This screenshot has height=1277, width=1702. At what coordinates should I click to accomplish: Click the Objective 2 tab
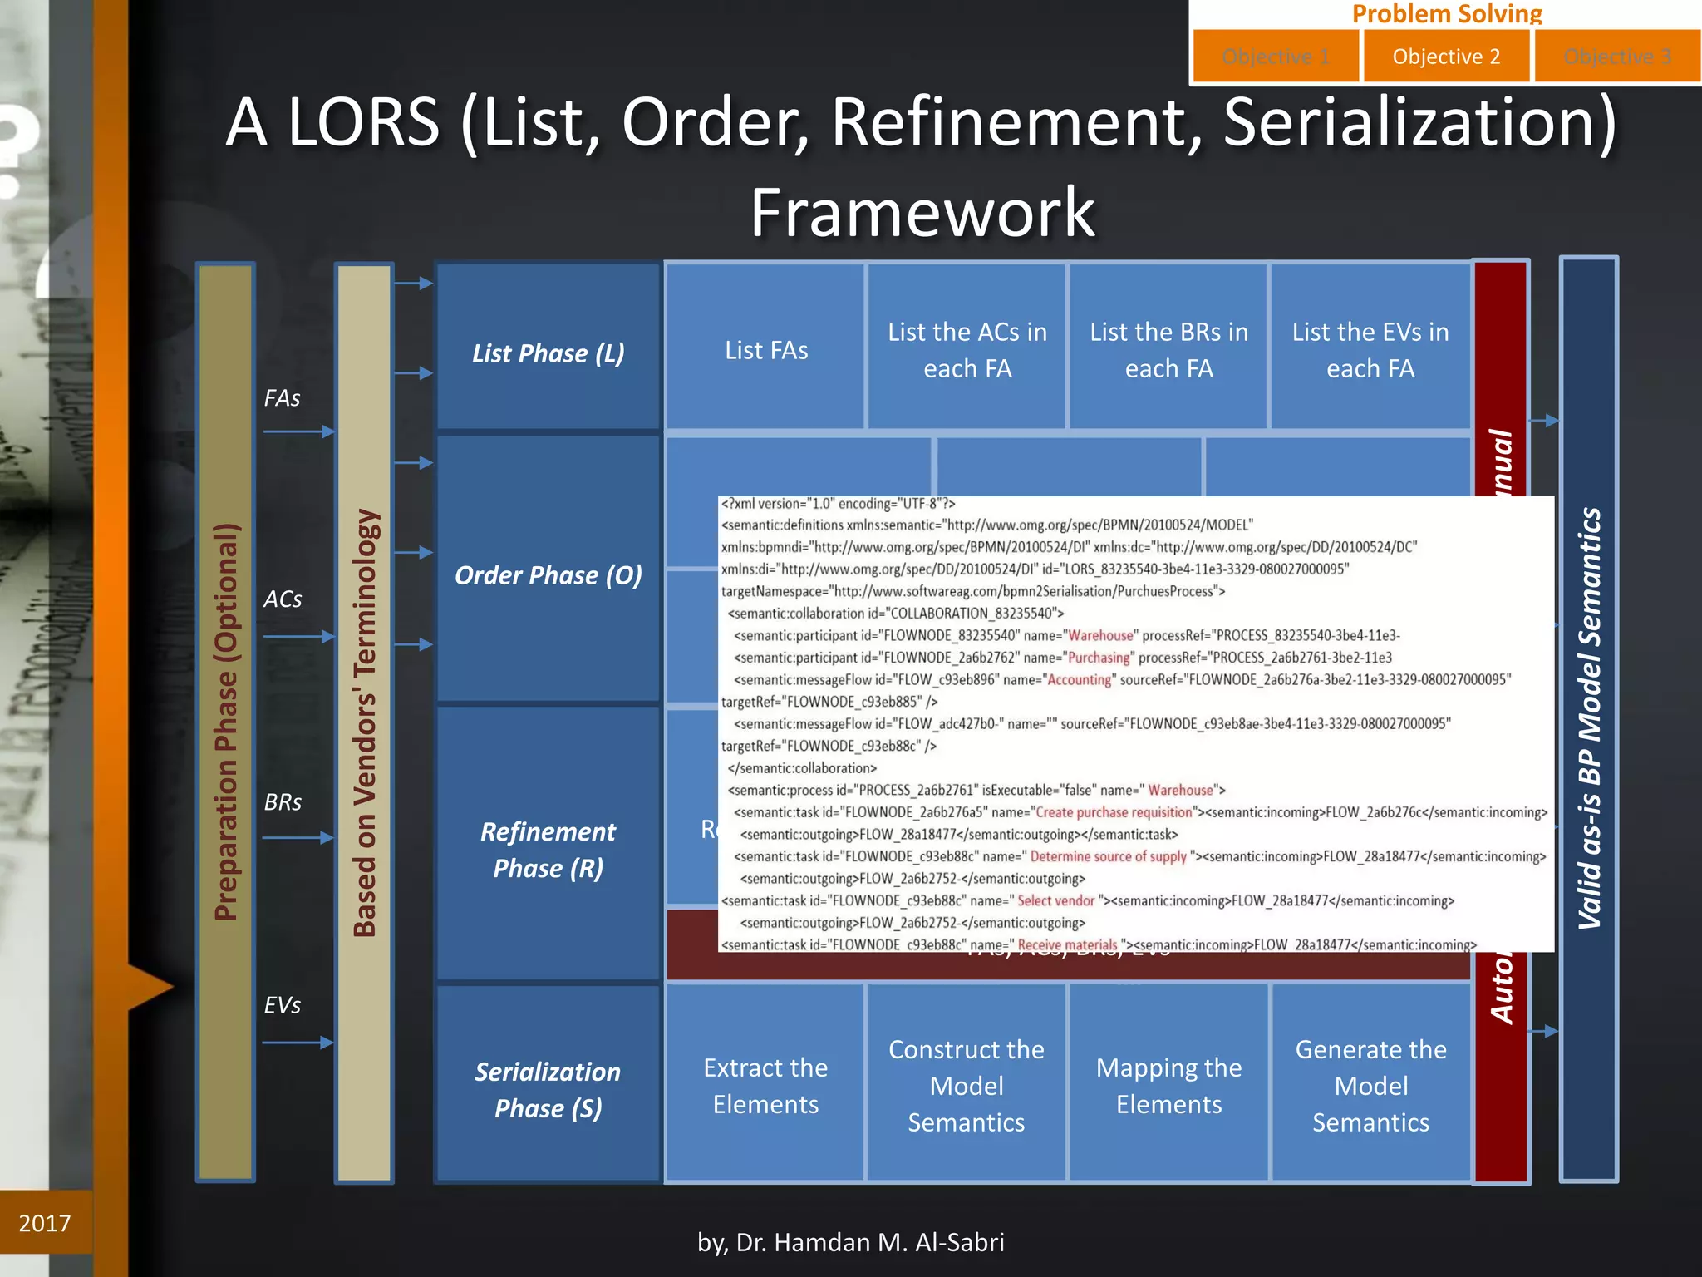pyautogui.click(x=1446, y=57)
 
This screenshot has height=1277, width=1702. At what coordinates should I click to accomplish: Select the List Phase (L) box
pyautogui.click(x=548, y=352)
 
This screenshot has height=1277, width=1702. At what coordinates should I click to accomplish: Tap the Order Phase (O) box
pyautogui.click(x=548, y=574)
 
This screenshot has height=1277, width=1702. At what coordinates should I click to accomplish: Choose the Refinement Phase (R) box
pyautogui.click(x=548, y=848)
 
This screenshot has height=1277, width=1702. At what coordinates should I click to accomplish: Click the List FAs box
pyautogui.click(x=765, y=349)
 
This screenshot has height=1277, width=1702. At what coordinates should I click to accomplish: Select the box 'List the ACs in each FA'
pyautogui.click(x=967, y=349)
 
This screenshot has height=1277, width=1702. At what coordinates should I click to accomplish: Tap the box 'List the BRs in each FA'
pyautogui.click(x=1168, y=349)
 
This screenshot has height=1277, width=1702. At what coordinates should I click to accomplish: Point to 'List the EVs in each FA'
pyautogui.click(x=1370, y=349)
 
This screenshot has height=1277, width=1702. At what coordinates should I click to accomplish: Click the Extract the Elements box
pyautogui.click(x=765, y=1085)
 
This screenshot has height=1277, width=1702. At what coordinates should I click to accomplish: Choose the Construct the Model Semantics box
pyautogui.click(x=967, y=1085)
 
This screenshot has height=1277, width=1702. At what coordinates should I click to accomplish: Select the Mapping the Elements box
pyautogui.click(x=1168, y=1085)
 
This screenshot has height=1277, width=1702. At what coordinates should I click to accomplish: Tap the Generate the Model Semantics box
pyautogui.click(x=1370, y=1085)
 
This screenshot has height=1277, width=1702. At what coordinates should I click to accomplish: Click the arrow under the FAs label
pyautogui.click(x=298, y=431)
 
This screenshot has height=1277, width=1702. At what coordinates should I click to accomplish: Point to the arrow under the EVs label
pyautogui.click(x=298, y=1042)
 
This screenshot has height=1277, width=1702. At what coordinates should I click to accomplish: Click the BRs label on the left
pyautogui.click(x=283, y=802)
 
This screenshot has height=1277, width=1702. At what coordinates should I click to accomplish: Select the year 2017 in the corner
pyautogui.click(x=45, y=1223)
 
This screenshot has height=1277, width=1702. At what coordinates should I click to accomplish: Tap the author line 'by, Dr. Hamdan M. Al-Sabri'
pyautogui.click(x=850, y=1242)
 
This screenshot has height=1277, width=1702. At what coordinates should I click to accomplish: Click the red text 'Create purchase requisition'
pyautogui.click(x=1114, y=812)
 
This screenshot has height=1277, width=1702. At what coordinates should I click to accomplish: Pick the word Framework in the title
pyautogui.click(x=922, y=212)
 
